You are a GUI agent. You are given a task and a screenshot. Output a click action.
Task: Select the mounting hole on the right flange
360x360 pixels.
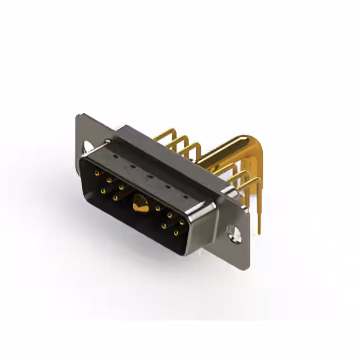click(231, 230)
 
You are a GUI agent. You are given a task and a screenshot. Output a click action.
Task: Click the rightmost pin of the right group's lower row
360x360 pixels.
click(175, 232)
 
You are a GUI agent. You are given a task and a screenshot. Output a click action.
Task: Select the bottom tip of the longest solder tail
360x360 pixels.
click(259, 231)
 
